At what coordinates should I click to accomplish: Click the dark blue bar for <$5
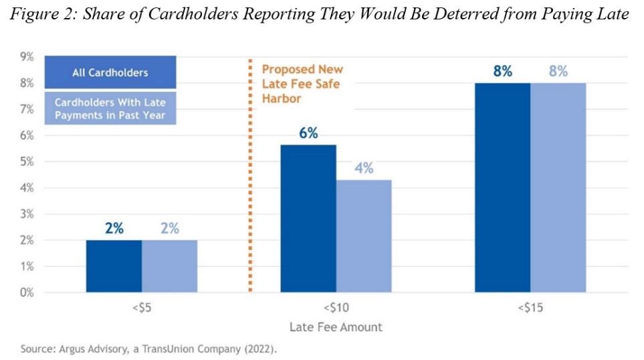(x=114, y=266)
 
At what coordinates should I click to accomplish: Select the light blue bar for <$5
(x=169, y=266)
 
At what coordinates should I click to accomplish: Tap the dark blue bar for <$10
(x=308, y=219)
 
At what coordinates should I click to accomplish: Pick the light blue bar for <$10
(x=364, y=236)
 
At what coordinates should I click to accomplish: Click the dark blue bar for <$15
(x=502, y=187)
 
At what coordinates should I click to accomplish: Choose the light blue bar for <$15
(x=558, y=187)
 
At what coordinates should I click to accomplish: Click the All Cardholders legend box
(x=110, y=73)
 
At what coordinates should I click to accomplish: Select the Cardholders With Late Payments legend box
(x=110, y=108)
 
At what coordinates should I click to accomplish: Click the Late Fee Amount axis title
(x=336, y=327)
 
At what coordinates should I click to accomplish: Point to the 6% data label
(x=308, y=132)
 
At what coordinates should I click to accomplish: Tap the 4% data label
(x=364, y=168)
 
